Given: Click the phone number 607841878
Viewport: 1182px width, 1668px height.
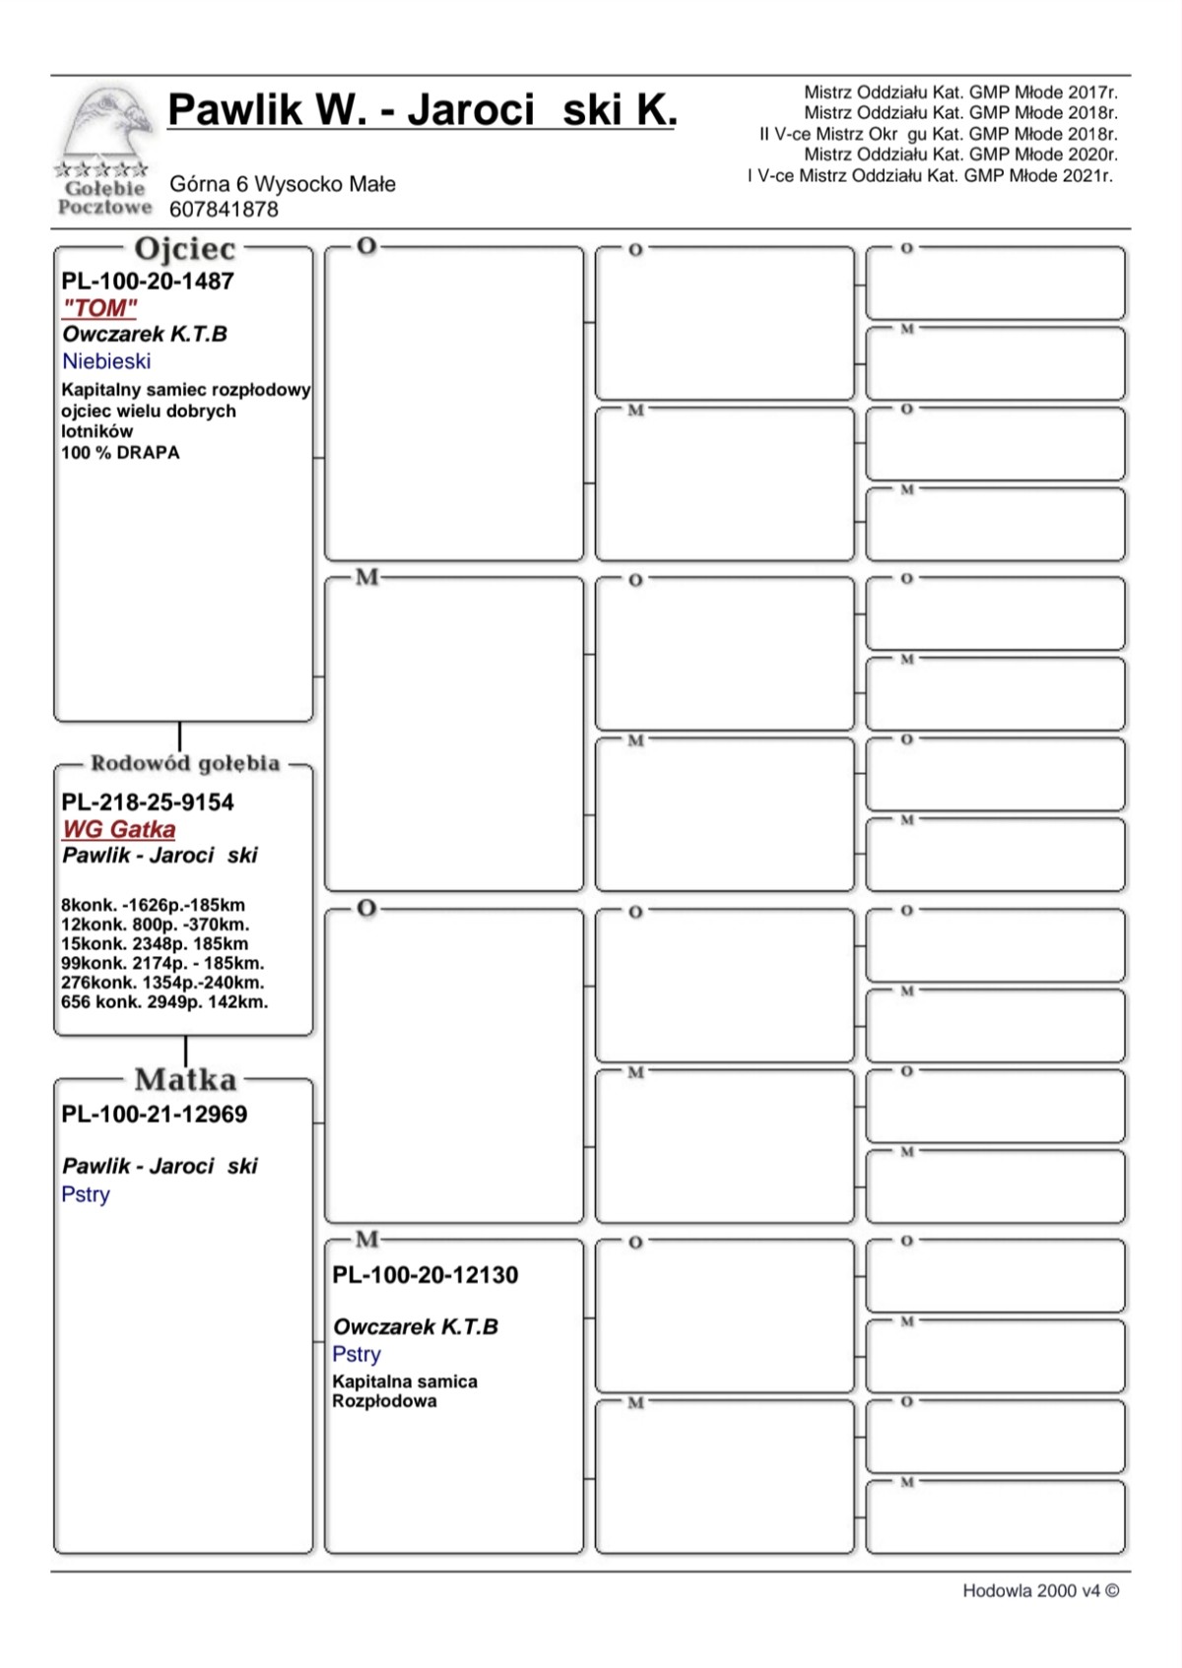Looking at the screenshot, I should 224,210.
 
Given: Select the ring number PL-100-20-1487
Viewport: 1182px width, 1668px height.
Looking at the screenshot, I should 148,282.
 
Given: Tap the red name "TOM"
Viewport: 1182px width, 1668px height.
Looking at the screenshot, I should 99,308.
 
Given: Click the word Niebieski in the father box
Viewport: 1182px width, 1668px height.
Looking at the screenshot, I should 106,361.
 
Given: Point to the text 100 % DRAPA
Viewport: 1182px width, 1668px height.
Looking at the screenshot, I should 120,453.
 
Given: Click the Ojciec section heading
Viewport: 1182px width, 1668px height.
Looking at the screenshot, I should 185,249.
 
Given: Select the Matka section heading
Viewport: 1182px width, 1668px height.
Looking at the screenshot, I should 185,1080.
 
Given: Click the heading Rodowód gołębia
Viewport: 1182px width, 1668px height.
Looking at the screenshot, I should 185,763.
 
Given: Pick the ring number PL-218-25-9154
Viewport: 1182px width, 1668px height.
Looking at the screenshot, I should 148,802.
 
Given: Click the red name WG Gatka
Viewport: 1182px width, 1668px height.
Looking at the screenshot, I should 119,829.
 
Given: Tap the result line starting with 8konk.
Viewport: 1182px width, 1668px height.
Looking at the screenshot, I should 153,905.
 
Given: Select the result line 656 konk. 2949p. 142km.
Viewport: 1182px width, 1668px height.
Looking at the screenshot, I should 164,1002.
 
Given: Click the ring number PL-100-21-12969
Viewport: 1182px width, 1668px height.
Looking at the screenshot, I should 155,1115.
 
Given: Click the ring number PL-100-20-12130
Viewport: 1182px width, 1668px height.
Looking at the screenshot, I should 426,1275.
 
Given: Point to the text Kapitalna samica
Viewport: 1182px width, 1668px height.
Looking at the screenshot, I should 405,1381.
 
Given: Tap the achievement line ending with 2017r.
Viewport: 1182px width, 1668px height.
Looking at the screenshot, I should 960,93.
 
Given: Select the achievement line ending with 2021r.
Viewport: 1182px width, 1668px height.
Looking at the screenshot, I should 930,176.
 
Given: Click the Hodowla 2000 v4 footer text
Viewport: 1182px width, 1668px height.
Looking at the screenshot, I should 1040,1591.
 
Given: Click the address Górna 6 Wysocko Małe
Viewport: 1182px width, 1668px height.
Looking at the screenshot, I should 283,184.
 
